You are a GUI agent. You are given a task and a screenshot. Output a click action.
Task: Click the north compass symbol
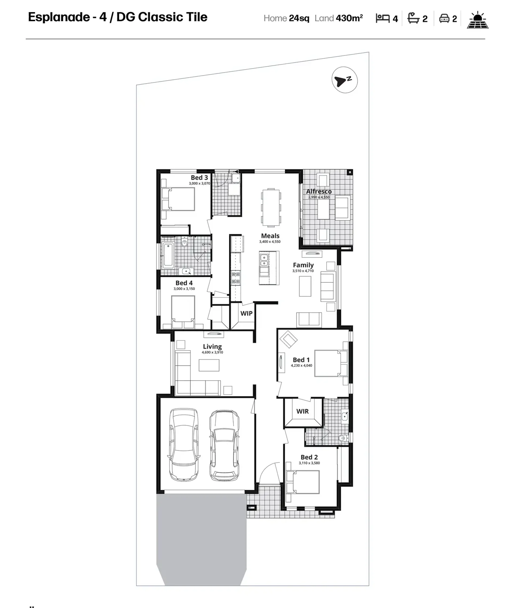click(344, 80)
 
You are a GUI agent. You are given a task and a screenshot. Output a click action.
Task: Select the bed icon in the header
click(382, 18)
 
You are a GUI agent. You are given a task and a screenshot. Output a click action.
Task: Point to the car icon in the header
click(444, 19)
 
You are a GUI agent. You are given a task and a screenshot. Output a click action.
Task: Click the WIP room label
click(246, 313)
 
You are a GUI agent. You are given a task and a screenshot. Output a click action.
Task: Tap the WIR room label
click(302, 411)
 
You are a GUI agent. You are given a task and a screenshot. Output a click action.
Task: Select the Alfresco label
click(319, 191)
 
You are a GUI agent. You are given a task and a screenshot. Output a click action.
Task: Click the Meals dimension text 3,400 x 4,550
click(270, 241)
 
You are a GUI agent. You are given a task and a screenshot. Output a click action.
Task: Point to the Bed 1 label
click(301, 360)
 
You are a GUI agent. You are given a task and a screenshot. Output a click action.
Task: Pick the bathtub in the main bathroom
click(168, 255)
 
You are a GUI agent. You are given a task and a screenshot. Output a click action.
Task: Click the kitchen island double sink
click(264, 260)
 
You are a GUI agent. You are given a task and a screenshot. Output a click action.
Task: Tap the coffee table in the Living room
click(209, 365)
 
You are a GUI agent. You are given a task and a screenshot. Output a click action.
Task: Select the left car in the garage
click(184, 445)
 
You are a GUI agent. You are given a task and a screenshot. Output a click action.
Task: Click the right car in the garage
click(224, 445)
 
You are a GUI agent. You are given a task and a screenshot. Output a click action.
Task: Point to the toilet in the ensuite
click(343, 438)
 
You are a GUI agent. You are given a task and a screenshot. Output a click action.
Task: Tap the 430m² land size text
click(349, 18)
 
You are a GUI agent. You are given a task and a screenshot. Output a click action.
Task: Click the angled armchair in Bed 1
click(288, 339)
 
